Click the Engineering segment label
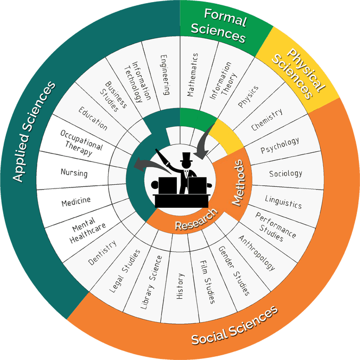[x=165, y=75]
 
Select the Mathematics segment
[x=192, y=75]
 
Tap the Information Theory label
[x=220, y=81]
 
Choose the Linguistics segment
[x=283, y=202]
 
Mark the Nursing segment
[x=74, y=173]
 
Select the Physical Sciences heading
[x=292, y=72]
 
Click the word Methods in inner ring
[x=239, y=184]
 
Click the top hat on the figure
[x=186, y=159]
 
